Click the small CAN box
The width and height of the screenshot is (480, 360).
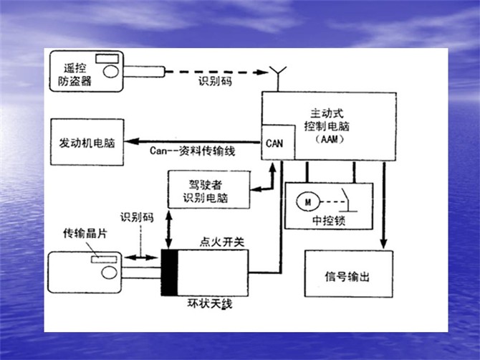274,142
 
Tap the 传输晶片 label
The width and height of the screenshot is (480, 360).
84,234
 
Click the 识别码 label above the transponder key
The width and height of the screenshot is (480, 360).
137,216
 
